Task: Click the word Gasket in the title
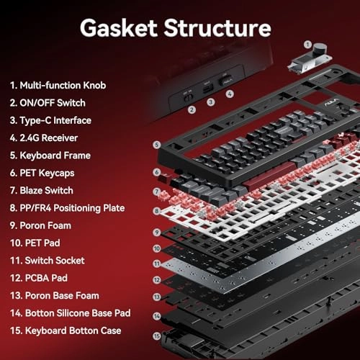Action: point(119,28)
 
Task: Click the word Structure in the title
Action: point(217,27)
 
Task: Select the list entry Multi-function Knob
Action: point(58,85)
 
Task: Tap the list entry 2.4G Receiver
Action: point(44,138)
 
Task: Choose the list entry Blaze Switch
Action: point(42,190)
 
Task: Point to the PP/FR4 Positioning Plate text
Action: point(67,208)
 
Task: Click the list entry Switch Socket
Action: point(48,261)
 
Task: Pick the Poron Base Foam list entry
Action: point(55,295)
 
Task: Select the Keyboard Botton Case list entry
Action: point(66,330)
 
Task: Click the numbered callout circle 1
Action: point(307,45)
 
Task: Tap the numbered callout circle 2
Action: point(192,110)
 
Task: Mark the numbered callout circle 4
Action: point(230,94)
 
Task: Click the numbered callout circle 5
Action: point(157,145)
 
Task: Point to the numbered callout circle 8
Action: point(157,211)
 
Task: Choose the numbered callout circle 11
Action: point(157,264)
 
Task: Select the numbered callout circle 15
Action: point(157,336)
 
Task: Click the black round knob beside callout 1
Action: point(320,49)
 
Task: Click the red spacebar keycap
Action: point(269,176)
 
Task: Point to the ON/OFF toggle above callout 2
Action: point(189,97)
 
